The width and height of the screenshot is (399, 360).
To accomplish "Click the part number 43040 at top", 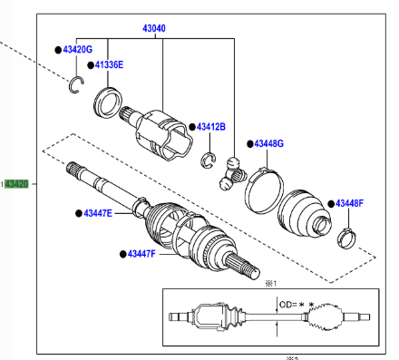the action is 154,28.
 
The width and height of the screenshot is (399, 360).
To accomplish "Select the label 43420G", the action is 78,50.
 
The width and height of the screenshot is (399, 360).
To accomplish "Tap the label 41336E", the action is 109,64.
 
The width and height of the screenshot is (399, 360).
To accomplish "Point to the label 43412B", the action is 211,127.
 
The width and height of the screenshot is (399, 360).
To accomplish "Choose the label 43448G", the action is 269,143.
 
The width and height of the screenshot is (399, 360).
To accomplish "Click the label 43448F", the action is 350,203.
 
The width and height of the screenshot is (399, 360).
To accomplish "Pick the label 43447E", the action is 98,213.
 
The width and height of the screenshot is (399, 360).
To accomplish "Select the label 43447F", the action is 141,254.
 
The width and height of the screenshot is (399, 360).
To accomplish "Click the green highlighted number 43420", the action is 16,184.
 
